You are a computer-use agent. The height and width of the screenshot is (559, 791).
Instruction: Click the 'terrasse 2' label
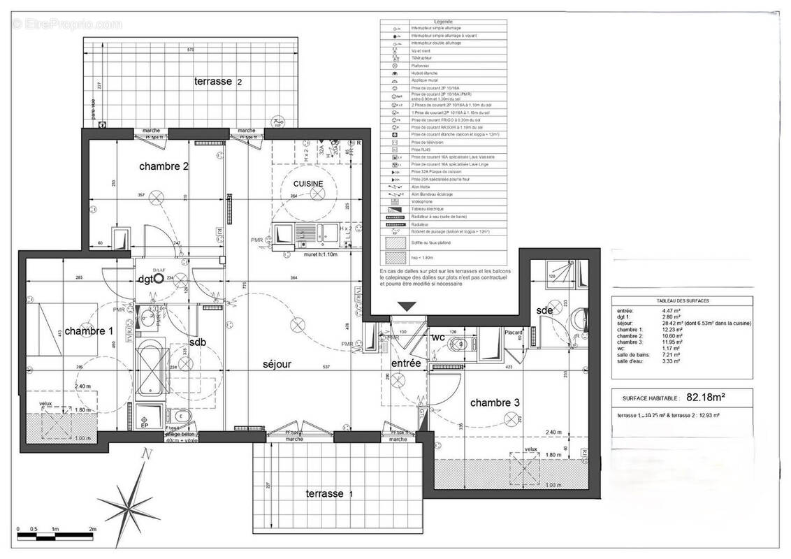tap(218, 82)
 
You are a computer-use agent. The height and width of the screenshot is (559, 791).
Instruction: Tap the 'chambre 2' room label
tap(164, 166)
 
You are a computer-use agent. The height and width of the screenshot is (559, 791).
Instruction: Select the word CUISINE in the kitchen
tap(307, 183)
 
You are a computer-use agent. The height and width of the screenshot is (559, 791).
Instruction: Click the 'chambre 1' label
tap(89, 331)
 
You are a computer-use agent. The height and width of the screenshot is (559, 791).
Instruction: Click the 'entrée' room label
tap(406, 363)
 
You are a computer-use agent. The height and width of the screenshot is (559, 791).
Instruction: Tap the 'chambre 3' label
tap(495, 402)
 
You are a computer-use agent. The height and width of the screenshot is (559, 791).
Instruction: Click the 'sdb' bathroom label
tap(198, 342)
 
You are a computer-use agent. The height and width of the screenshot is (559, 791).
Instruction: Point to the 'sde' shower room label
tap(545, 310)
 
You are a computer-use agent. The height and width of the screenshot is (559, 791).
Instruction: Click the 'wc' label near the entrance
tap(438, 337)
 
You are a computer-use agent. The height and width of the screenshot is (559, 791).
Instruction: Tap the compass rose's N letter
tap(146, 455)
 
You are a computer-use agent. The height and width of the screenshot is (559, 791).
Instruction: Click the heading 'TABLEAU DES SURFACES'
tap(683, 300)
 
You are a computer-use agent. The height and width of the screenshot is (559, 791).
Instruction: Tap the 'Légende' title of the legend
tap(443, 22)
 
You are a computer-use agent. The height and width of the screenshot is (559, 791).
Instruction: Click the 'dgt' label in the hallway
tap(146, 278)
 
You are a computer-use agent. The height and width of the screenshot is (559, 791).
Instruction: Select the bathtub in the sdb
tap(150, 370)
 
